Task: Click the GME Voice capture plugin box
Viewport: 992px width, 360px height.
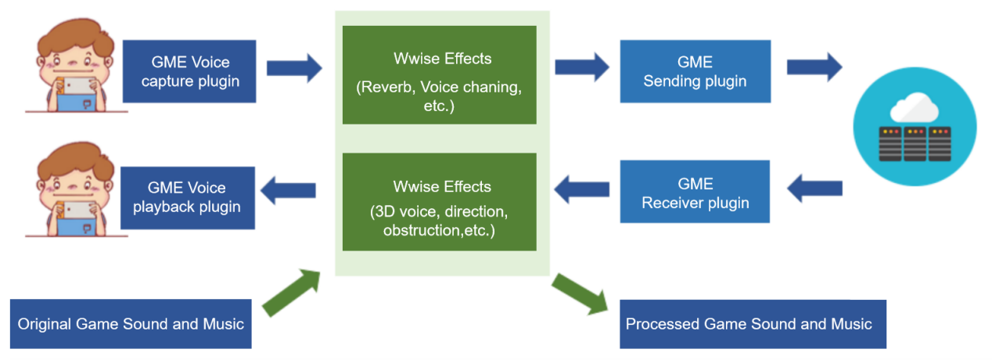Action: (189, 71)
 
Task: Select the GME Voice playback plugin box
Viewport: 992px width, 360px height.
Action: (188, 197)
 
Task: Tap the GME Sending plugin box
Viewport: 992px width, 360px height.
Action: (695, 71)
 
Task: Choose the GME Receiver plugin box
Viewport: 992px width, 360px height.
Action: (695, 191)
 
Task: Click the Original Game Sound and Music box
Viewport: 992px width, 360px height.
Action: (131, 324)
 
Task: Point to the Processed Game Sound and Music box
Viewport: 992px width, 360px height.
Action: (753, 324)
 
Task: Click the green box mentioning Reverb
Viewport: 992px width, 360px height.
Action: (440, 75)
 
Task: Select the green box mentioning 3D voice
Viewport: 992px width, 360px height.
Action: (440, 202)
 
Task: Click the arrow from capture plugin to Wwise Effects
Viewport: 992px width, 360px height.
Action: (294, 68)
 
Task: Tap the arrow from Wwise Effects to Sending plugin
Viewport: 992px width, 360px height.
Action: (582, 67)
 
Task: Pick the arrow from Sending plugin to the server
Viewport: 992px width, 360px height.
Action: (814, 67)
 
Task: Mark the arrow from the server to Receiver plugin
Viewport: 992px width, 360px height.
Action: (814, 189)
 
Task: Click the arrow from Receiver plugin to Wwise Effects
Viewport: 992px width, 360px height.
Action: (581, 189)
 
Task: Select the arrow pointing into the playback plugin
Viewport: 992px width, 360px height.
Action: (288, 190)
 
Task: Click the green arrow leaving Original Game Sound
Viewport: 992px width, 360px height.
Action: (291, 293)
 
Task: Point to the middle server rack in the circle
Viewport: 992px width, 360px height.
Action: (915, 144)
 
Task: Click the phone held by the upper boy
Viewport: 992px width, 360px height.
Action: (78, 86)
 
